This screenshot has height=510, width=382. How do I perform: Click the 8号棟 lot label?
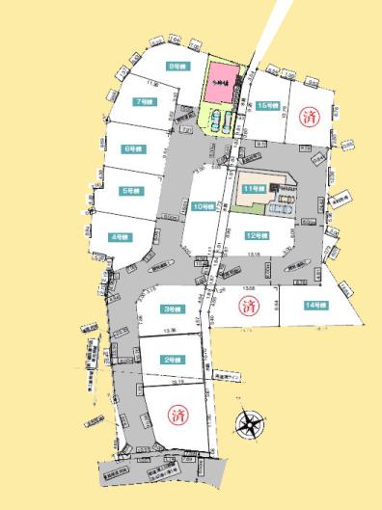pyautogui.click(x=176, y=67)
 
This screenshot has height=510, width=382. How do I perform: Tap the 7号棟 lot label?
pyautogui.click(x=144, y=101)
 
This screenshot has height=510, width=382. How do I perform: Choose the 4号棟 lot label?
pyautogui.click(x=119, y=236)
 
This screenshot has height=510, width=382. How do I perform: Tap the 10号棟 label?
pyautogui.click(x=203, y=206)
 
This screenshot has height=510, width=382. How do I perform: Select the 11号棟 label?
pyautogui.click(x=254, y=188)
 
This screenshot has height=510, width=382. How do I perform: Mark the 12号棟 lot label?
pyautogui.click(x=255, y=235)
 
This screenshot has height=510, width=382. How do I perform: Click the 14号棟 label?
pyautogui.click(x=315, y=305)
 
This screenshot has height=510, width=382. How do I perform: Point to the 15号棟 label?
pyautogui.click(x=269, y=106)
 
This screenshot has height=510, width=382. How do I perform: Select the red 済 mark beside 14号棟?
pyautogui.click(x=247, y=307)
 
